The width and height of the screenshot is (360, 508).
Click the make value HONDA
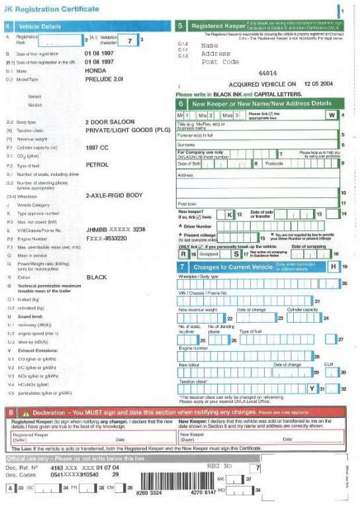pos(97,69)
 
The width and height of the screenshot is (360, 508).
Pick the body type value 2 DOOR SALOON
pos(110,122)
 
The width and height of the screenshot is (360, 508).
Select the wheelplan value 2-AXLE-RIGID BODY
pos(114,196)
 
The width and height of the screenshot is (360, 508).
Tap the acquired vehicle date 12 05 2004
pos(317,85)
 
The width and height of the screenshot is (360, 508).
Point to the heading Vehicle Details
pos(41,26)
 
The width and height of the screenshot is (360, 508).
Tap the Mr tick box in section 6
pos(187,115)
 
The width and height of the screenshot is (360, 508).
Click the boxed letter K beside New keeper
pos(230,214)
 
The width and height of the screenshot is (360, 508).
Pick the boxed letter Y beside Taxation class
pos(312,388)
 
